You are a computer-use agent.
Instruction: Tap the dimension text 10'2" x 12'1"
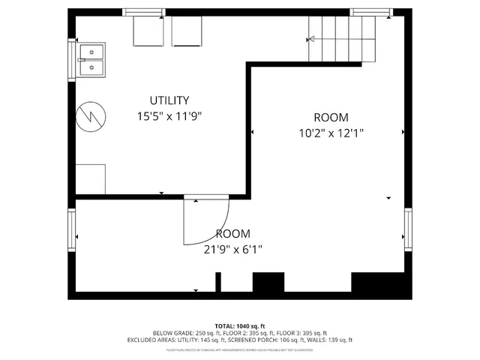[x=331, y=133]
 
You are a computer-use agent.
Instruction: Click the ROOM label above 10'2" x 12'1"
[x=331, y=117]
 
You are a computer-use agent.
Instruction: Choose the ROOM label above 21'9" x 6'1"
[x=233, y=233]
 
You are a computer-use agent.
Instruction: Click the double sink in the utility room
[x=93, y=60]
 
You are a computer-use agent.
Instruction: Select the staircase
[x=342, y=39]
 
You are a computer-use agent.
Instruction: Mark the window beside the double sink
[x=73, y=60]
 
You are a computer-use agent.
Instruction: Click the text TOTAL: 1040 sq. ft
[x=240, y=325]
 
